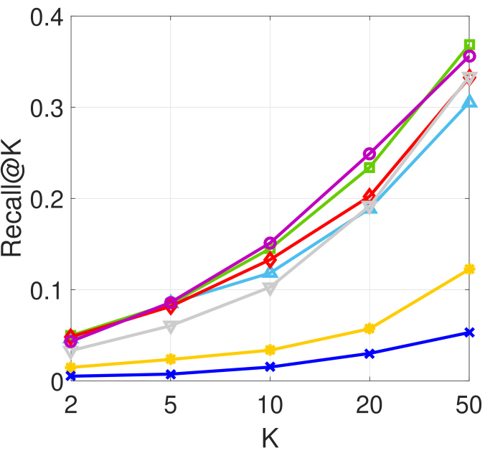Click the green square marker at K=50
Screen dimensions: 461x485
(x=469, y=45)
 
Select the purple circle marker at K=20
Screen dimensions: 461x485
(x=369, y=154)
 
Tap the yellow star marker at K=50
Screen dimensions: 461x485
(x=469, y=269)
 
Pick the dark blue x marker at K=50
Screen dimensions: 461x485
(x=469, y=332)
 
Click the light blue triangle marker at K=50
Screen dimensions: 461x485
(x=469, y=102)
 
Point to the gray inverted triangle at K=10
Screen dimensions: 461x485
(x=270, y=289)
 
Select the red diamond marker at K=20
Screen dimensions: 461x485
(x=369, y=195)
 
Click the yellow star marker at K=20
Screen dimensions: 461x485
(x=369, y=328)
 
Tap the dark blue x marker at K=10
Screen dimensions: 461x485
(x=270, y=367)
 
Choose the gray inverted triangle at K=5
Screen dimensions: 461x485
(x=171, y=327)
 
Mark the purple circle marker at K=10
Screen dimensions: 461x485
(x=270, y=243)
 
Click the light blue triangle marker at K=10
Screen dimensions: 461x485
(x=270, y=273)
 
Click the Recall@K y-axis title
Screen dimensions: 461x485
(x=15, y=199)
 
